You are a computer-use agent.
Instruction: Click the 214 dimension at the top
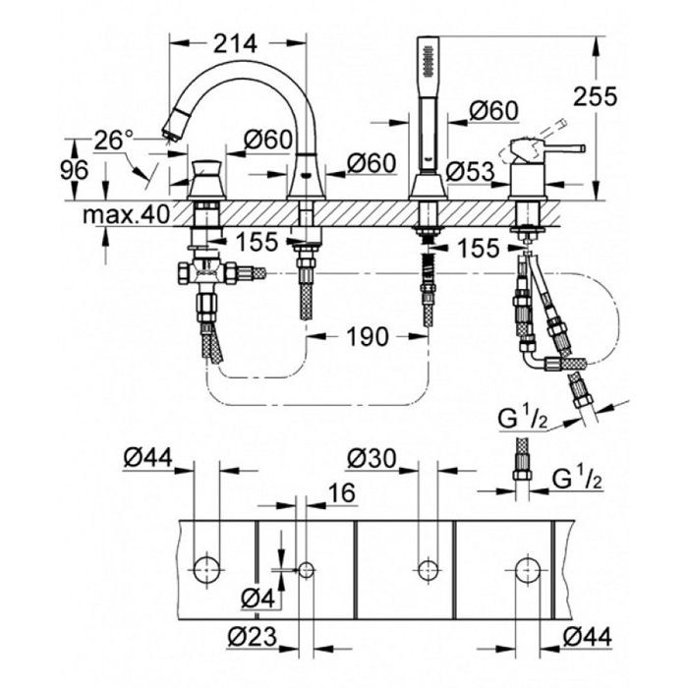(236, 43)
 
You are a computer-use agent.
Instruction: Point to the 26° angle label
(114, 141)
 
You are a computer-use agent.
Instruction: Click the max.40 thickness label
(126, 213)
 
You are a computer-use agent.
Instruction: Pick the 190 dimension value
(367, 336)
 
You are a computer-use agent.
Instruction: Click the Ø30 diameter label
(372, 457)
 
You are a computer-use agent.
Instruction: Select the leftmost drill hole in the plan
(206, 568)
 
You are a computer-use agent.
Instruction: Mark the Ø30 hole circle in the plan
(427, 568)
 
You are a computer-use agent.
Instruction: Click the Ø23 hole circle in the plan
(306, 568)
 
